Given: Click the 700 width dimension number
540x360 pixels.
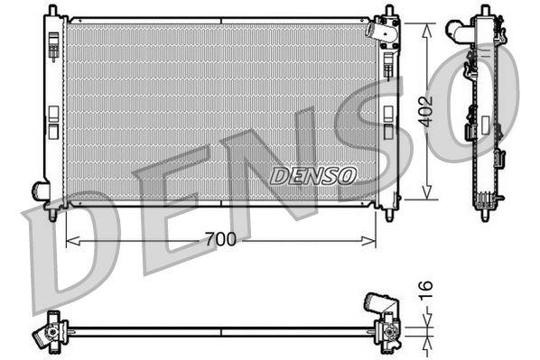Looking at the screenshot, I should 220,239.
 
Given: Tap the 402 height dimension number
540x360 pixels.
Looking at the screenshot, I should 426,110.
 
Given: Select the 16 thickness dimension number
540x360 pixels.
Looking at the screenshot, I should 428,290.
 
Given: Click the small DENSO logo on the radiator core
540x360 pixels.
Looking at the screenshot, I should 313,173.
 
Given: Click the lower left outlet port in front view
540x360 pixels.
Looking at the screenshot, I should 41,190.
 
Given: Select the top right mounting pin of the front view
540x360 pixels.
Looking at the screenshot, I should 389,13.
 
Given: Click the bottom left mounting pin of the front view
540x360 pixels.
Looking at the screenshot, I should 52,215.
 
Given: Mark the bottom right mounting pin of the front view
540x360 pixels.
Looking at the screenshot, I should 389,215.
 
